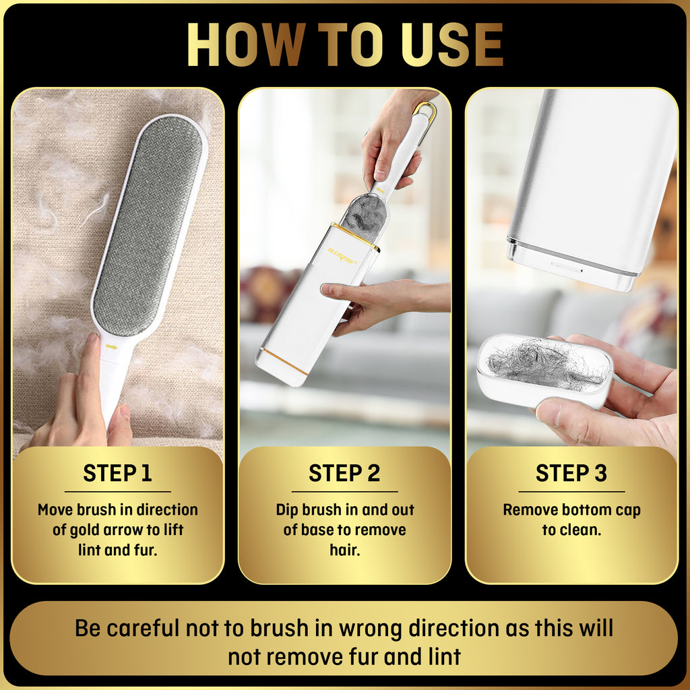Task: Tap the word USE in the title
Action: (x=453, y=44)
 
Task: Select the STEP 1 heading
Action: (x=117, y=473)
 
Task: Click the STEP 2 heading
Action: (x=344, y=473)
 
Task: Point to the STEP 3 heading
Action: (x=571, y=473)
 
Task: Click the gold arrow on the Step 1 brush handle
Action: (x=112, y=347)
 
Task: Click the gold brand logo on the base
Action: (x=342, y=256)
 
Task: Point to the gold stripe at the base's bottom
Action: (x=284, y=361)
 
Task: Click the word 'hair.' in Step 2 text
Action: (x=345, y=550)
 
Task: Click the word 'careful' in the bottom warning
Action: (x=142, y=628)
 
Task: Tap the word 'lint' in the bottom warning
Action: (x=445, y=656)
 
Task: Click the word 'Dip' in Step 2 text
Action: (x=287, y=510)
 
